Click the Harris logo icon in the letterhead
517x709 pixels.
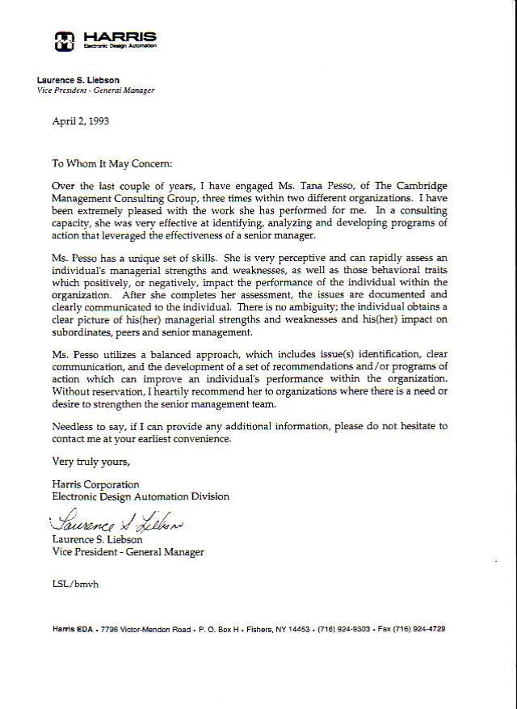coord(64,40)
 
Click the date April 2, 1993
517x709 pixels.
coord(80,122)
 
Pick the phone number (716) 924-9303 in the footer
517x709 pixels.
coord(345,629)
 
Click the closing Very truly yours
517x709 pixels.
coord(90,462)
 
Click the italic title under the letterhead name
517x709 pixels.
coord(95,91)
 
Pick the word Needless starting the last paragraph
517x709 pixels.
coord(74,426)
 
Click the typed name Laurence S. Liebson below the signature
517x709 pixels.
coord(97,540)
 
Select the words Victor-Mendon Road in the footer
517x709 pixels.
coord(158,629)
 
